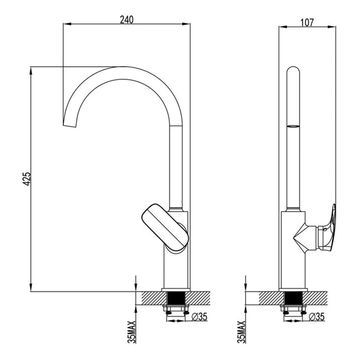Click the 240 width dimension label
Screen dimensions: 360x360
(127, 20)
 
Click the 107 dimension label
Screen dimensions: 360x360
(307, 22)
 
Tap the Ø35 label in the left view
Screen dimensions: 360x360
(199, 317)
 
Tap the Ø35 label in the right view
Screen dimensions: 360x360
(317, 317)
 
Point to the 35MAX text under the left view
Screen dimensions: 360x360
(132, 332)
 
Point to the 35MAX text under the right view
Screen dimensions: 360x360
(242, 332)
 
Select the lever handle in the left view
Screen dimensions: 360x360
(165, 228)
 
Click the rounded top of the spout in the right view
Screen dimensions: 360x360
(293, 70)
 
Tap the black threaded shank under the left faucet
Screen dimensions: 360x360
(176, 298)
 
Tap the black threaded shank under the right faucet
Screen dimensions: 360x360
(294, 298)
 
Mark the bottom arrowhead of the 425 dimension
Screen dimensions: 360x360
(31, 287)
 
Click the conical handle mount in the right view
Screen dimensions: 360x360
(306, 238)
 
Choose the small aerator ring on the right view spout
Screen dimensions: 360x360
(293, 126)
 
